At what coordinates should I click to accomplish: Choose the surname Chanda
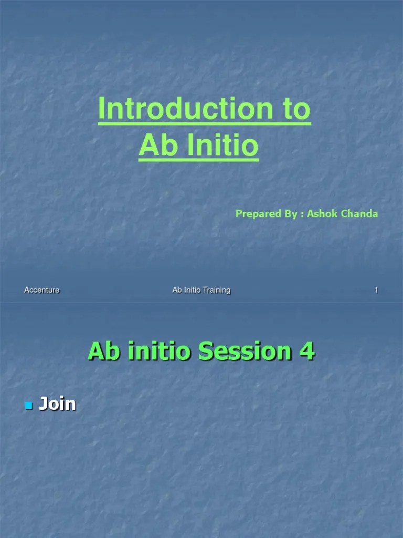[361, 214]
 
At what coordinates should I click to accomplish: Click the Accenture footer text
[42, 290]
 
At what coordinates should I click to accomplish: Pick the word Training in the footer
[217, 290]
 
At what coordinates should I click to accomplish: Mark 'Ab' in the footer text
[177, 290]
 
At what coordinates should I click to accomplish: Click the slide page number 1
[376, 290]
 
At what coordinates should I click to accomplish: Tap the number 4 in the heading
[307, 351]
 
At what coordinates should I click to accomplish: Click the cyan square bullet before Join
[28, 406]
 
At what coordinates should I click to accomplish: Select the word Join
[58, 405]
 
